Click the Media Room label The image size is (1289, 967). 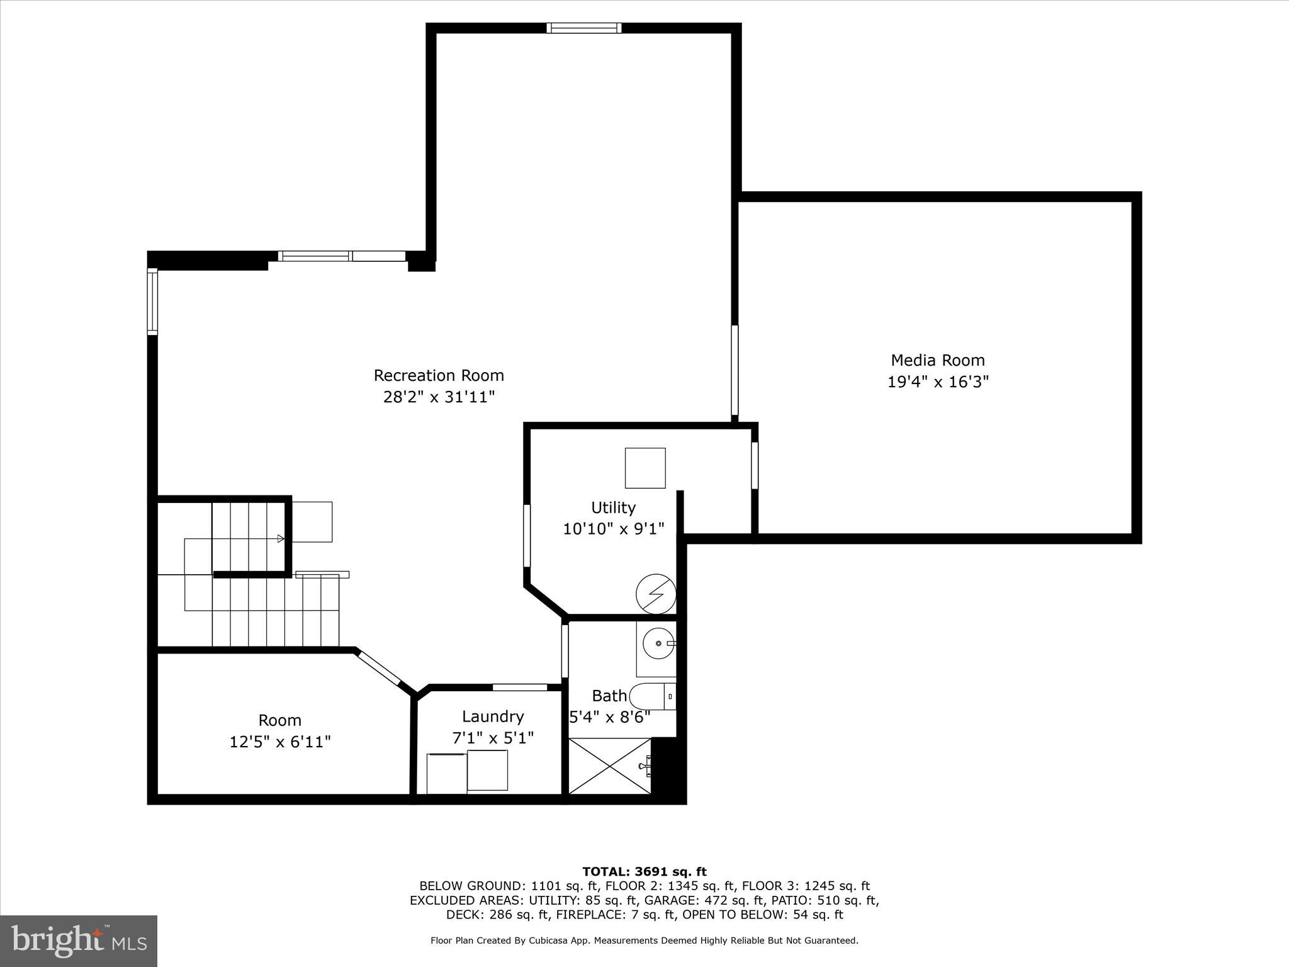coord(937,360)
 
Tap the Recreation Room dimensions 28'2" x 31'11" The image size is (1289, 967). coord(439,397)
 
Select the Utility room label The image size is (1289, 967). coord(613,507)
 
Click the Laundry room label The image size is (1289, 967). coord(493,716)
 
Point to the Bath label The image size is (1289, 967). coord(609,696)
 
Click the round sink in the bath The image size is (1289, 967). coord(658,643)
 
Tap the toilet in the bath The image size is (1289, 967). coord(652,696)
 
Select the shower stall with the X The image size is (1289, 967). coord(610,766)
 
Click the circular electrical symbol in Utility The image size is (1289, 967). coord(656,594)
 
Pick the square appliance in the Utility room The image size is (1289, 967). coord(645,468)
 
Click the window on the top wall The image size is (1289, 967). coord(584,28)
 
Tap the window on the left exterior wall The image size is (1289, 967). coord(152,301)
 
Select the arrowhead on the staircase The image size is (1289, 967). coord(281,538)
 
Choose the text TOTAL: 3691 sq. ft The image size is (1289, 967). coord(644,872)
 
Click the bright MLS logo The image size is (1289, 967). coord(79,941)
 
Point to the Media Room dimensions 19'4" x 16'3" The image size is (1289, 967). coord(937,382)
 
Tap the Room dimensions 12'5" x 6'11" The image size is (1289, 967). coord(280,742)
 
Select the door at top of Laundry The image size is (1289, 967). coord(520,687)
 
